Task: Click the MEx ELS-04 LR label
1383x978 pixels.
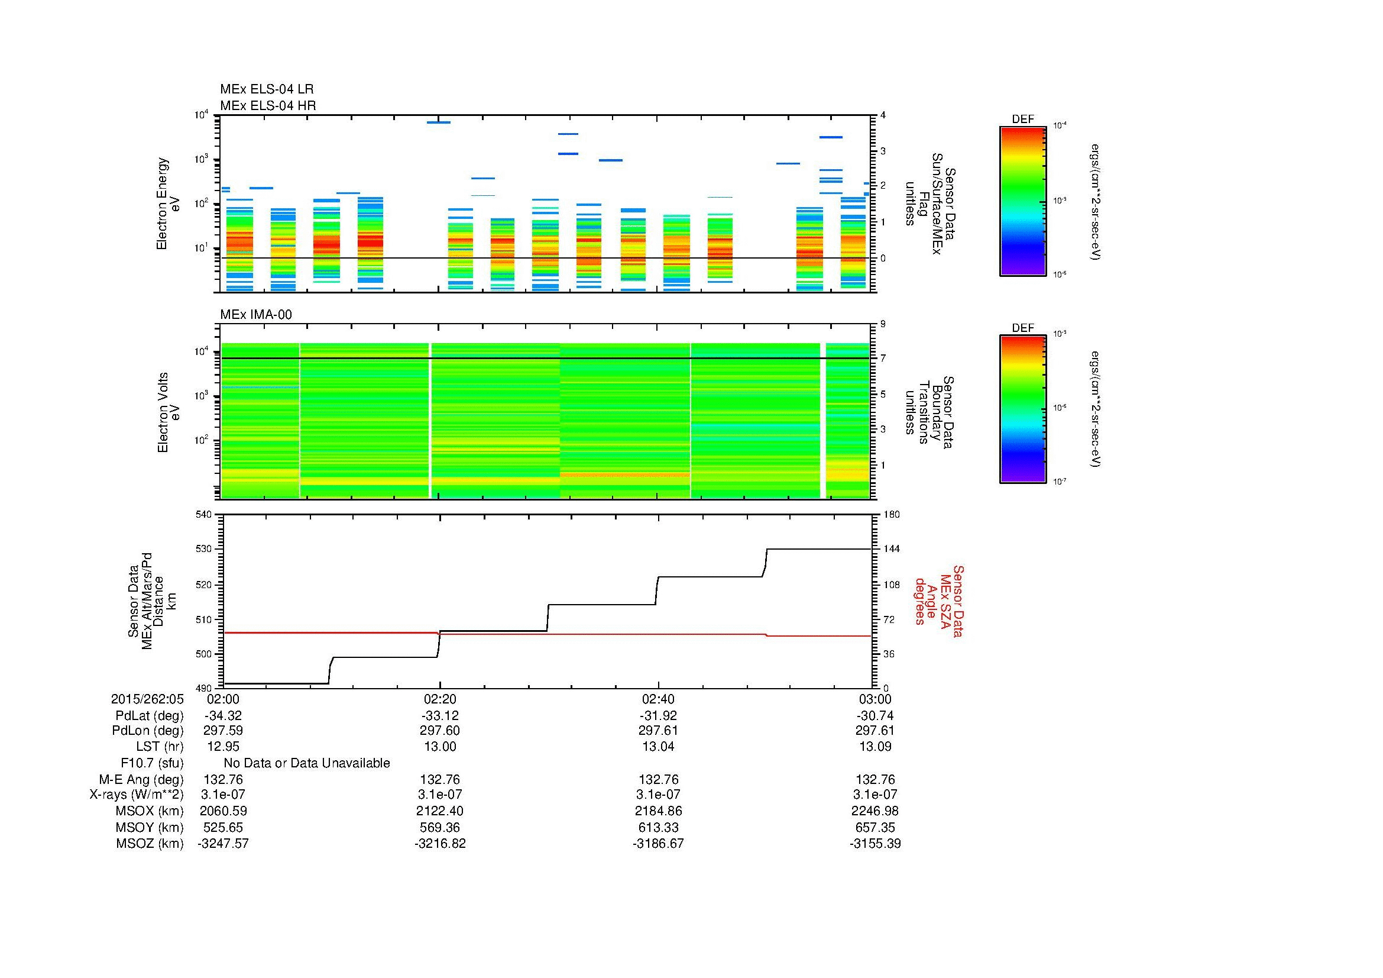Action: tap(267, 89)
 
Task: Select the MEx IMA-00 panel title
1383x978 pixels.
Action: tap(256, 315)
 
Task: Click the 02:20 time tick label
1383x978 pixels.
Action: tap(440, 699)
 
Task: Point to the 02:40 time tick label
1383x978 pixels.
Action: tap(658, 699)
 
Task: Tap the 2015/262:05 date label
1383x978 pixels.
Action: tap(147, 699)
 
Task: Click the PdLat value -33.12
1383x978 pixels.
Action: tap(440, 716)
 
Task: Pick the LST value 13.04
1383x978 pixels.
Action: tap(658, 747)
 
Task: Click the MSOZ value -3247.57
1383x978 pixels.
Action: tap(223, 844)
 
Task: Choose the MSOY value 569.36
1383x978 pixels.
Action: tap(440, 827)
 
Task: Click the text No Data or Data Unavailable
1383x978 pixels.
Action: tap(307, 763)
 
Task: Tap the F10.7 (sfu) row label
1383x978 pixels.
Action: tap(152, 763)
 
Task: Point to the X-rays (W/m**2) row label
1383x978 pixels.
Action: tap(137, 795)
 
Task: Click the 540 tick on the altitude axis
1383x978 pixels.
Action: tap(205, 514)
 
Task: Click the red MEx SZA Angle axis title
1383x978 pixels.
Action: tap(938, 601)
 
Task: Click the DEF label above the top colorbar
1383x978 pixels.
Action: tap(1023, 120)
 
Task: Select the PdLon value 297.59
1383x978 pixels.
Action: tap(223, 731)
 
